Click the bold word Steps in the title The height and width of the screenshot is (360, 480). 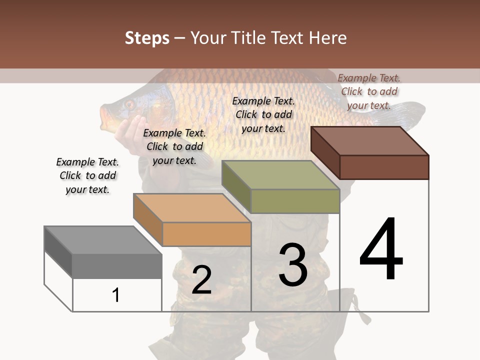click(147, 38)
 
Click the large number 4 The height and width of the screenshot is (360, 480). click(381, 249)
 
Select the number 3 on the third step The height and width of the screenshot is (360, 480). click(293, 264)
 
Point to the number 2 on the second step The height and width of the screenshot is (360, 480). click(201, 279)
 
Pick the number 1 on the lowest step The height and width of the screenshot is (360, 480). click(115, 295)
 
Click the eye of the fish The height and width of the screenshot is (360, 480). click(129, 104)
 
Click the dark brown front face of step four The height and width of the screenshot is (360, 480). click(384, 167)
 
